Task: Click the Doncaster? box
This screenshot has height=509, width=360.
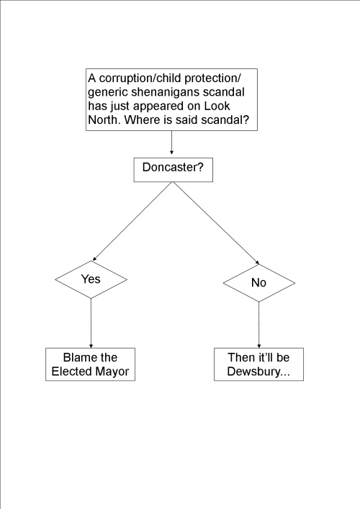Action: click(x=172, y=169)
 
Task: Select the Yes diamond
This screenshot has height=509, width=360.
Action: click(x=91, y=279)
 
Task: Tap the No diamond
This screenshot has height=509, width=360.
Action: click(x=258, y=282)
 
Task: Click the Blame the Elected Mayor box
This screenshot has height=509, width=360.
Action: click(x=90, y=364)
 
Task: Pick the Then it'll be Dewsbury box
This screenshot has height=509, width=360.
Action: click(x=258, y=364)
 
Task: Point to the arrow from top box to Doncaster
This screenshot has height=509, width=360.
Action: click(x=172, y=144)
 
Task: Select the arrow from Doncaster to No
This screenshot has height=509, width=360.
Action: click(x=215, y=222)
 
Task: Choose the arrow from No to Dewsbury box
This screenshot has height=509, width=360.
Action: click(x=258, y=325)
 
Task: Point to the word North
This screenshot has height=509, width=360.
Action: click(x=104, y=120)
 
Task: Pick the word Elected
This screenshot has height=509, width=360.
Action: click(x=73, y=371)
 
